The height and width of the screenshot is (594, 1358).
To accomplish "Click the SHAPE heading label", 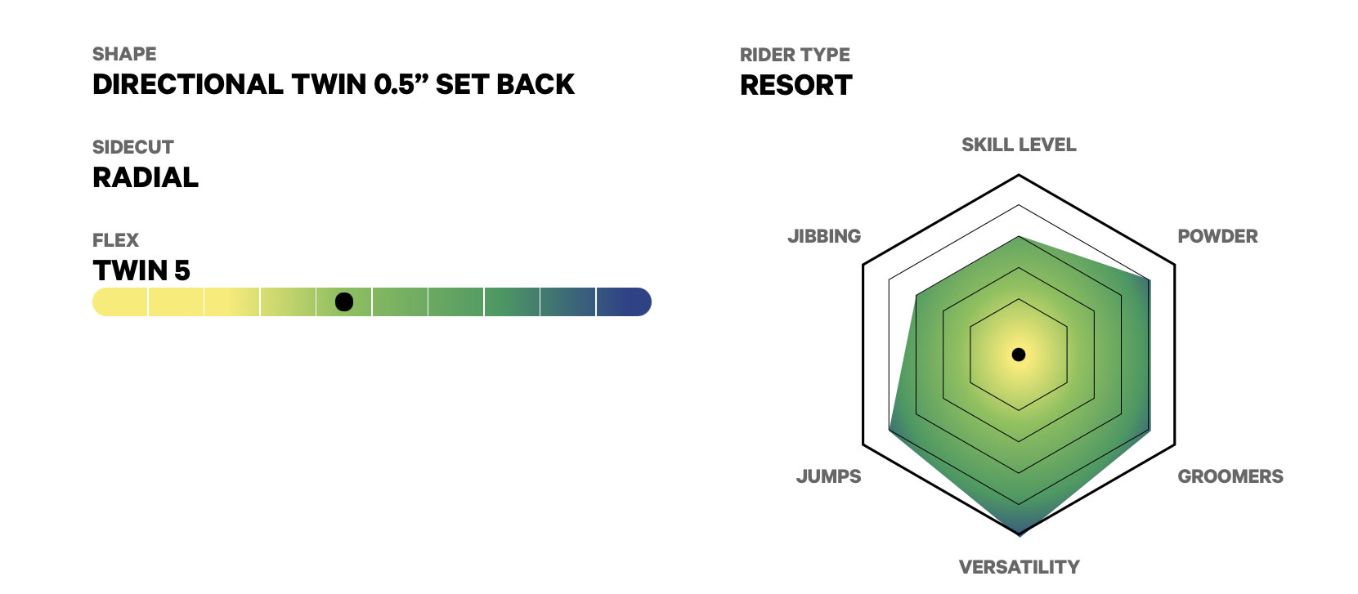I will pyautogui.click(x=124, y=54).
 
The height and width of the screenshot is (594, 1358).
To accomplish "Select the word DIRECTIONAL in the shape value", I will pyautogui.click(x=188, y=84).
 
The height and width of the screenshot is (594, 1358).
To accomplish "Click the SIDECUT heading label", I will pyautogui.click(x=132, y=147).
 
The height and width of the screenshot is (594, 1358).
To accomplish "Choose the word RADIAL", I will pyautogui.click(x=146, y=177).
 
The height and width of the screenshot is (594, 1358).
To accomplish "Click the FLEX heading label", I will pyautogui.click(x=115, y=240).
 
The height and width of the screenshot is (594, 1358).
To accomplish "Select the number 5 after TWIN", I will pyautogui.click(x=182, y=270).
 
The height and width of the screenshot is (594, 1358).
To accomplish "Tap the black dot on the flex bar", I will pyautogui.click(x=344, y=302).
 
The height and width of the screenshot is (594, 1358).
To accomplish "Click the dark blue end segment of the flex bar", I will pyautogui.click(x=623, y=302).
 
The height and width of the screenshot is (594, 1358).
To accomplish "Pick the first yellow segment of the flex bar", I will pyautogui.click(x=120, y=302).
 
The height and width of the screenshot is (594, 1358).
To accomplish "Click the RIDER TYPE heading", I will pyautogui.click(x=795, y=55).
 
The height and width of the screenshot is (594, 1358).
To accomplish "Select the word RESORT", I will pyautogui.click(x=796, y=85).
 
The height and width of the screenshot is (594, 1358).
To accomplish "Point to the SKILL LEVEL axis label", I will pyautogui.click(x=1019, y=145).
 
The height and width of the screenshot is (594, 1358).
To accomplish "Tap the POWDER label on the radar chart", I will pyautogui.click(x=1217, y=236).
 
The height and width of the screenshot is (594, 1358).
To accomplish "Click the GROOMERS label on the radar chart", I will pyautogui.click(x=1230, y=476).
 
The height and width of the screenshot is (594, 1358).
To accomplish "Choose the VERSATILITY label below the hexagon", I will pyautogui.click(x=1019, y=567).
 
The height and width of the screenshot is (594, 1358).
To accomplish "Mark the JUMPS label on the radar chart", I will pyautogui.click(x=828, y=476).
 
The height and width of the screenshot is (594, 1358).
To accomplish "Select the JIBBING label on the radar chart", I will pyautogui.click(x=824, y=236).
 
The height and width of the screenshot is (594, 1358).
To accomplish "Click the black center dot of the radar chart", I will pyautogui.click(x=1019, y=355).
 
